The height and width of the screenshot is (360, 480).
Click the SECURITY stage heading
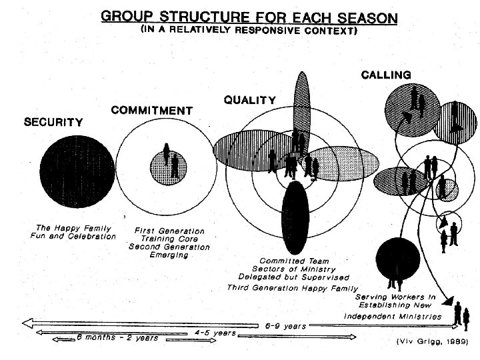point(53,122)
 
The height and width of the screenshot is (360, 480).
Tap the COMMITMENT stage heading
point(152,110)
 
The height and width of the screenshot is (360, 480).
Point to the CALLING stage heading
point(386,75)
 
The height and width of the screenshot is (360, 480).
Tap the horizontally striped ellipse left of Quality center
point(243,149)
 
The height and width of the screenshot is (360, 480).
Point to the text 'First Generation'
point(169,231)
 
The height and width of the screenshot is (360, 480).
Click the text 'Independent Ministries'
point(393,315)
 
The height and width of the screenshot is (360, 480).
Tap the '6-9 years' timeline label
point(285,326)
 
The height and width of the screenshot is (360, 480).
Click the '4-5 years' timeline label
point(215,331)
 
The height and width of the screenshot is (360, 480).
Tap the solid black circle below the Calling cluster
point(397,259)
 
